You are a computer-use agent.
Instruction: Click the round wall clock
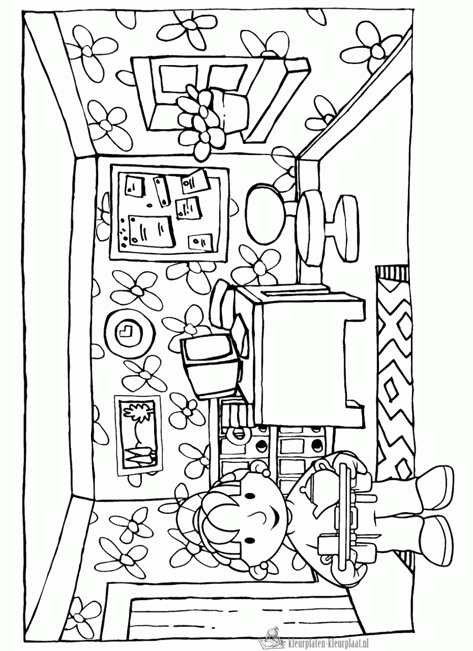pos(129,332)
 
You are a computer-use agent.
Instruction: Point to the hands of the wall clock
pos(127,332)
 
